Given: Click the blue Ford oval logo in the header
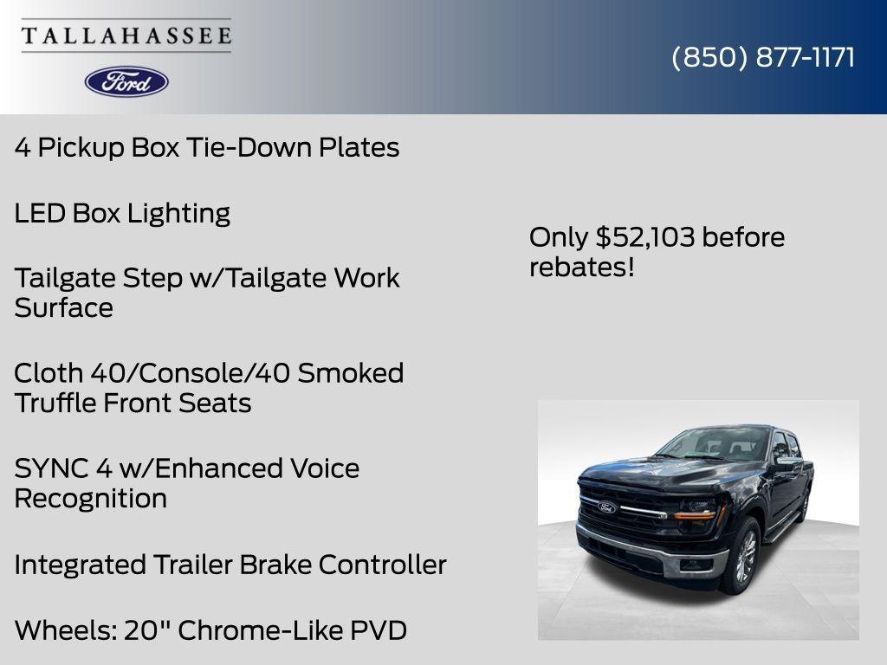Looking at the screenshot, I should [126, 81].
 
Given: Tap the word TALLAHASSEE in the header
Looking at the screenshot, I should [126, 36].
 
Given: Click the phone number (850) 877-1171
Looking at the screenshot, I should [763, 57].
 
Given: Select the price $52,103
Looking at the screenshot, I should [645, 237].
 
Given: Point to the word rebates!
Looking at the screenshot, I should [581, 267].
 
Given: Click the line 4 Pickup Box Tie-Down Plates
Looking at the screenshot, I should [206, 147].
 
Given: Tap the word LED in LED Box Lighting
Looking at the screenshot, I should [40, 213].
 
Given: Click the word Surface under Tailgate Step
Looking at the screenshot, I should [63, 308].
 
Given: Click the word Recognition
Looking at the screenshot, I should [90, 499].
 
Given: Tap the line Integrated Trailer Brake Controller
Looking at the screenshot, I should [230, 565].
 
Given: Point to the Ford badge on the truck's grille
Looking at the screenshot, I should [606, 507].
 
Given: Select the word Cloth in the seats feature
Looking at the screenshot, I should [46, 373].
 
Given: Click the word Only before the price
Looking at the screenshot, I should [558, 237].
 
